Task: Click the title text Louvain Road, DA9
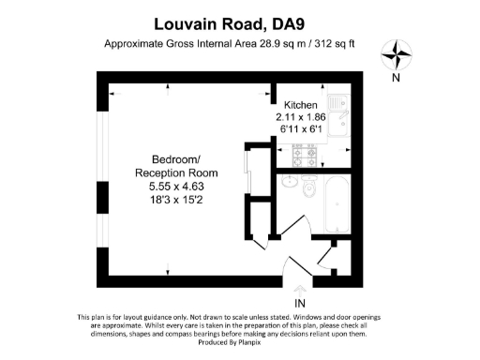[x=239, y=20]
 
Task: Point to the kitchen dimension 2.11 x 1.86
[x=303, y=118]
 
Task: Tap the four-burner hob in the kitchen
[x=307, y=153]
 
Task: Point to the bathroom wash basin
[x=290, y=181]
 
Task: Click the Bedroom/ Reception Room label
[x=176, y=167]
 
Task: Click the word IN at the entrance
[x=299, y=305]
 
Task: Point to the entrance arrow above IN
[x=299, y=290]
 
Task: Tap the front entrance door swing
[x=291, y=261]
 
